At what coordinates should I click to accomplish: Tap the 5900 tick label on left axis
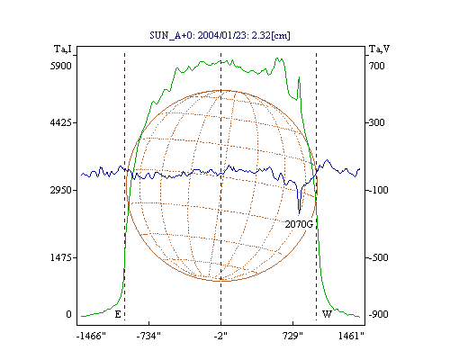61,66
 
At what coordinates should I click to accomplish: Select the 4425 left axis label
61,122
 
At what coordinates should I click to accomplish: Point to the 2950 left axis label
61,190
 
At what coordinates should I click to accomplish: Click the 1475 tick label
61,257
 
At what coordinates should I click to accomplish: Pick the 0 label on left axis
68,314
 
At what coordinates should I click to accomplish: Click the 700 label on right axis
377,66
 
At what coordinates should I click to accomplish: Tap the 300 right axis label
377,122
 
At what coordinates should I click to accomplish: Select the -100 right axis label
378,190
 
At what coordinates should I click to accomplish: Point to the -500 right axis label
378,257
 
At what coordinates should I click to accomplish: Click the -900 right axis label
378,314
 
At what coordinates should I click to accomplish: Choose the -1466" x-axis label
91,336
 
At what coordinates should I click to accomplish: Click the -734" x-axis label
148,336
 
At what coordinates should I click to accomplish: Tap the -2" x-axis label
220,336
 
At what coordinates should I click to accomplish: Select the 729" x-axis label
292,336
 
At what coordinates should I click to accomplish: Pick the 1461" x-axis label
351,336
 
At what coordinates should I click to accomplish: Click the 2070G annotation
299,224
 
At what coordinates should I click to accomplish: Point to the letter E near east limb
118,314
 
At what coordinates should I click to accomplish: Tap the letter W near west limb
327,314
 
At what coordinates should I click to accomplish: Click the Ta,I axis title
63,49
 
